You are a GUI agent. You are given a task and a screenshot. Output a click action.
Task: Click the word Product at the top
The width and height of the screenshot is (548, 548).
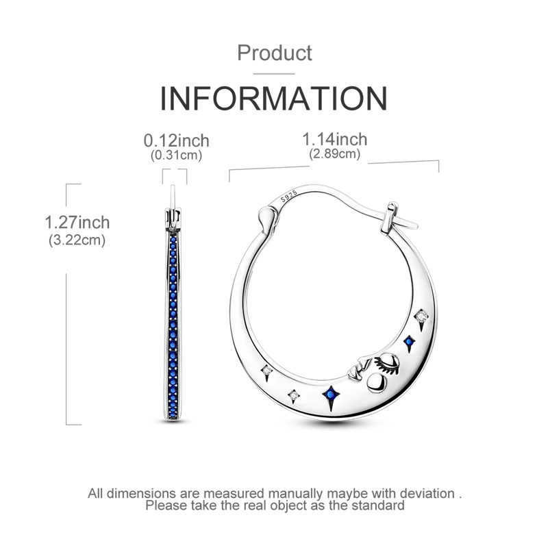pyautogui.click(x=275, y=53)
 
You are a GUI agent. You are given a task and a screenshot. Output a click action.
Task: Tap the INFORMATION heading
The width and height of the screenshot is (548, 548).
pyautogui.click(x=274, y=98)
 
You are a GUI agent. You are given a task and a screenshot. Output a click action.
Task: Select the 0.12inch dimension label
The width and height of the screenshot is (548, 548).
pyautogui.click(x=177, y=140)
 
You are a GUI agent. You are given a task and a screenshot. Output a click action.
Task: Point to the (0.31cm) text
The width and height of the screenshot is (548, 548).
pyautogui.click(x=177, y=155)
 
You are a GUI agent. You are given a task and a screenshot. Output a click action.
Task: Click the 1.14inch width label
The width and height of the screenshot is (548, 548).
pyautogui.click(x=334, y=139)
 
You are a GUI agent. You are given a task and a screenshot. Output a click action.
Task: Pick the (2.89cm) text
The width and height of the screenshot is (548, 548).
pyautogui.click(x=334, y=153)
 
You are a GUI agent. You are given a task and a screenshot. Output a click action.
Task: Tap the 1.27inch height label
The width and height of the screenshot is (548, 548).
pyautogui.click(x=77, y=222)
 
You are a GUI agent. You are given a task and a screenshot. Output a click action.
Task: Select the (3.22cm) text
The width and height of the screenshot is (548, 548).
pyautogui.click(x=77, y=240)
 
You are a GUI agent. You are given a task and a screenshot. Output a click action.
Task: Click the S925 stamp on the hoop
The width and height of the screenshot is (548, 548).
pyautogui.click(x=288, y=196)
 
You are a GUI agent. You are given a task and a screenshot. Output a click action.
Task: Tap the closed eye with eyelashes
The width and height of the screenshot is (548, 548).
pyautogui.click(x=386, y=362)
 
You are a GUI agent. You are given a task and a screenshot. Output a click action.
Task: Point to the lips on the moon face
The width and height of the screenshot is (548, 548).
pyautogui.click(x=357, y=370)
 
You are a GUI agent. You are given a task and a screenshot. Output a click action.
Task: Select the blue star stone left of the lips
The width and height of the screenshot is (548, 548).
pyautogui.click(x=330, y=395)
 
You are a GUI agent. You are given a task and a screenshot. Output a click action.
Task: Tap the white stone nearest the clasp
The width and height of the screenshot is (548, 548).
pyautogui.click(x=421, y=316)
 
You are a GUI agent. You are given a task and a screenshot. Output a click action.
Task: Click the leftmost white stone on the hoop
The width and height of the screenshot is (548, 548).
pyautogui.click(x=267, y=370)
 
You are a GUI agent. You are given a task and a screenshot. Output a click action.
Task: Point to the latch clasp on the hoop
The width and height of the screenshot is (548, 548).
pyautogui.click(x=391, y=219)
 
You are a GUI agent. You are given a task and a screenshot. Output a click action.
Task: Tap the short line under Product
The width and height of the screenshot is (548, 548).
pyautogui.click(x=274, y=74)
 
